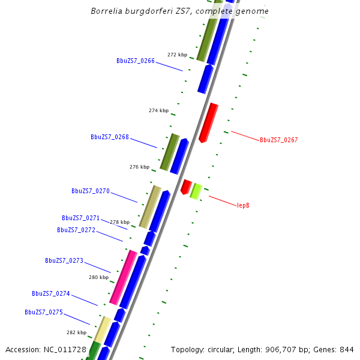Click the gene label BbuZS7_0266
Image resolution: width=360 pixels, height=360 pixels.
click(136, 61)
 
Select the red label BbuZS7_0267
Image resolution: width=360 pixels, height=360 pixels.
click(278, 140)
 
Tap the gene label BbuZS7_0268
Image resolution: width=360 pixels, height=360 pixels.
click(110, 137)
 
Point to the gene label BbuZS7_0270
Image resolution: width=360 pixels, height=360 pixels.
click(91, 191)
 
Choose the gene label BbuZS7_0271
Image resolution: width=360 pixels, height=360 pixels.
click(81, 218)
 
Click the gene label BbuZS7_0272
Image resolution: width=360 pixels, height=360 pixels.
click(76, 230)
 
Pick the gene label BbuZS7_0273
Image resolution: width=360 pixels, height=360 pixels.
click(64, 260)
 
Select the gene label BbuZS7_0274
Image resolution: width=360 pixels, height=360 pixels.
click(51, 293)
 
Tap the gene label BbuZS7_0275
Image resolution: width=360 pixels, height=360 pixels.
click(44, 312)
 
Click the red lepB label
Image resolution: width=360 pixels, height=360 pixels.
click(243, 205)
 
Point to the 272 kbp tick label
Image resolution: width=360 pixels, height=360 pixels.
click(177, 55)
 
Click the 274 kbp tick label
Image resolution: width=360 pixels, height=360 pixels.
click(158, 110)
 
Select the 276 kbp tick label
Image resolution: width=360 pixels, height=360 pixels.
click(139, 167)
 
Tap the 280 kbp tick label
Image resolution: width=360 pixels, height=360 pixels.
click(98, 277)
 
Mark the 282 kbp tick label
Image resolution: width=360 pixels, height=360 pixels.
click(76, 332)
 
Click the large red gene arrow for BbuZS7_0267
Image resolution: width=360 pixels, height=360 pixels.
click(208, 122)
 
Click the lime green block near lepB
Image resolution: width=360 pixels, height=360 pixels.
click(195, 191)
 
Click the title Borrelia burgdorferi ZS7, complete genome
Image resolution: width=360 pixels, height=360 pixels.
click(179, 11)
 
